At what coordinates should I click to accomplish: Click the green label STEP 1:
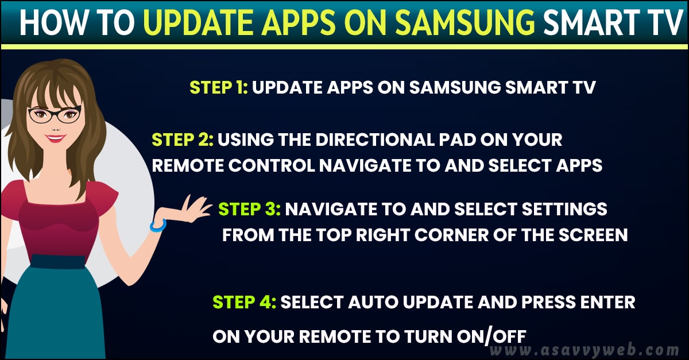pos(219,87)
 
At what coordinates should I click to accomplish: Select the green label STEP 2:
pos(183,140)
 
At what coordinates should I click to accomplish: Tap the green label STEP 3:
pos(249,209)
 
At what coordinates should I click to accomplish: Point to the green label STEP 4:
pos(244,302)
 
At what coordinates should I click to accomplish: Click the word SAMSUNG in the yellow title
pos(466,22)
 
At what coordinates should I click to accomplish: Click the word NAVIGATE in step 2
pos(365,165)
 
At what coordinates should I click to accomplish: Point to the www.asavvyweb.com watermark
pos(585,350)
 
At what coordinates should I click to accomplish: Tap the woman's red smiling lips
pos(55,138)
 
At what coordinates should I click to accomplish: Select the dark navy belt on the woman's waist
pos(58,262)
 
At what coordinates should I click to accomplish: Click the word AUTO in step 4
pos(373,302)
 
